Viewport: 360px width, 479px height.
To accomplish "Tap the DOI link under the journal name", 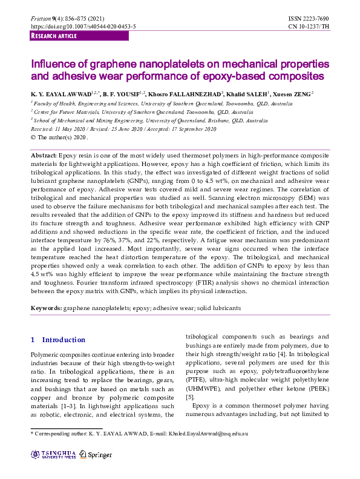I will pyautogui.click(x=83, y=27).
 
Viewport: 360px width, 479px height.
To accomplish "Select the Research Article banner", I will pyautogui.click(x=54, y=36).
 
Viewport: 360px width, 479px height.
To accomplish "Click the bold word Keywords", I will pyautogui.click(x=46, y=308).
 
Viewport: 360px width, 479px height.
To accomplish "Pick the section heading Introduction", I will pyautogui.click(x=64, y=340).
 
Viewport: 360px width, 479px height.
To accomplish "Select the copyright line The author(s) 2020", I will pyautogui.click(x=57, y=137).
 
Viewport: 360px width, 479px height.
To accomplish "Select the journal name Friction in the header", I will pyautogui.click(x=41, y=20).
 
